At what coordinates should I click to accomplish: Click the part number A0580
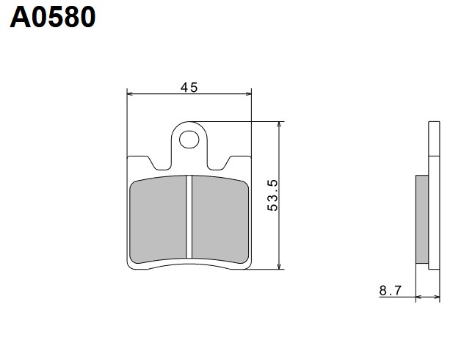53,16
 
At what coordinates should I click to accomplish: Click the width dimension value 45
189,87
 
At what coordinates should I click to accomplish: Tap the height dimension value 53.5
272,195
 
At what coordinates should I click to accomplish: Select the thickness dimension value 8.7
390,291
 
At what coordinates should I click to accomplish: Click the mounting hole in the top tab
189,137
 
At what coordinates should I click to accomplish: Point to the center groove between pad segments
189,218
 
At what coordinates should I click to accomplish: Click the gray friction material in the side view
422,220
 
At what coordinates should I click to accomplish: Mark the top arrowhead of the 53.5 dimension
279,126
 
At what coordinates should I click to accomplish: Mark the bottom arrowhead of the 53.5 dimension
279,265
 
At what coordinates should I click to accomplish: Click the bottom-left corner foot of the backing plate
131,264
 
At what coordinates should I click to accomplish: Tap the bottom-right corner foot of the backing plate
248,264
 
